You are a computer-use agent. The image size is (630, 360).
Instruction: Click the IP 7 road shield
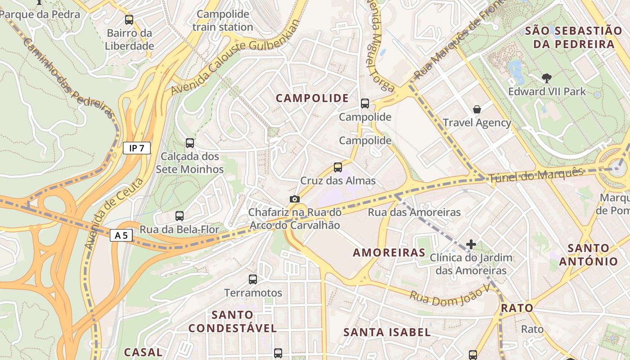(x=137, y=148)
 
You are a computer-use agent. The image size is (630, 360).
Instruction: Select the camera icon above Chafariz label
(x=295, y=199)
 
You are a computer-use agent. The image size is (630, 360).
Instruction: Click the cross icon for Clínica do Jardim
(x=471, y=244)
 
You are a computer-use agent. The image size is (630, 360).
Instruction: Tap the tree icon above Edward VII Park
(x=547, y=78)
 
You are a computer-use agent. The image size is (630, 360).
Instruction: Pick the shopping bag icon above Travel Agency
(x=477, y=109)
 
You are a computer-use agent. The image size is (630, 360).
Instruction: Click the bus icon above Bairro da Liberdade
(x=129, y=20)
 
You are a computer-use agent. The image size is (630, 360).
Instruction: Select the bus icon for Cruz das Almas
(x=338, y=167)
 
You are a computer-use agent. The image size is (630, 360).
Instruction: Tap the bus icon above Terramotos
(x=253, y=279)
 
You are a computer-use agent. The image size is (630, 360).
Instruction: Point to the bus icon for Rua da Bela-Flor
(x=180, y=216)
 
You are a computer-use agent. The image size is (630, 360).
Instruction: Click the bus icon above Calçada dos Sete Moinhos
(x=190, y=143)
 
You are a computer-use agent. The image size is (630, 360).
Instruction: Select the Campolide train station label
(x=223, y=21)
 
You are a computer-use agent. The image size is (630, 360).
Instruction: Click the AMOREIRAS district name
(x=389, y=252)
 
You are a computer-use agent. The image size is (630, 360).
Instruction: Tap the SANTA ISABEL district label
(x=387, y=333)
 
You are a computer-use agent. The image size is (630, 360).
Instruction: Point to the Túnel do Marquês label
(x=535, y=175)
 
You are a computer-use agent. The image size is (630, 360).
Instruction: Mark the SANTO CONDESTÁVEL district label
(x=233, y=321)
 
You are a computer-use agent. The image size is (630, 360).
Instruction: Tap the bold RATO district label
(x=517, y=308)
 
